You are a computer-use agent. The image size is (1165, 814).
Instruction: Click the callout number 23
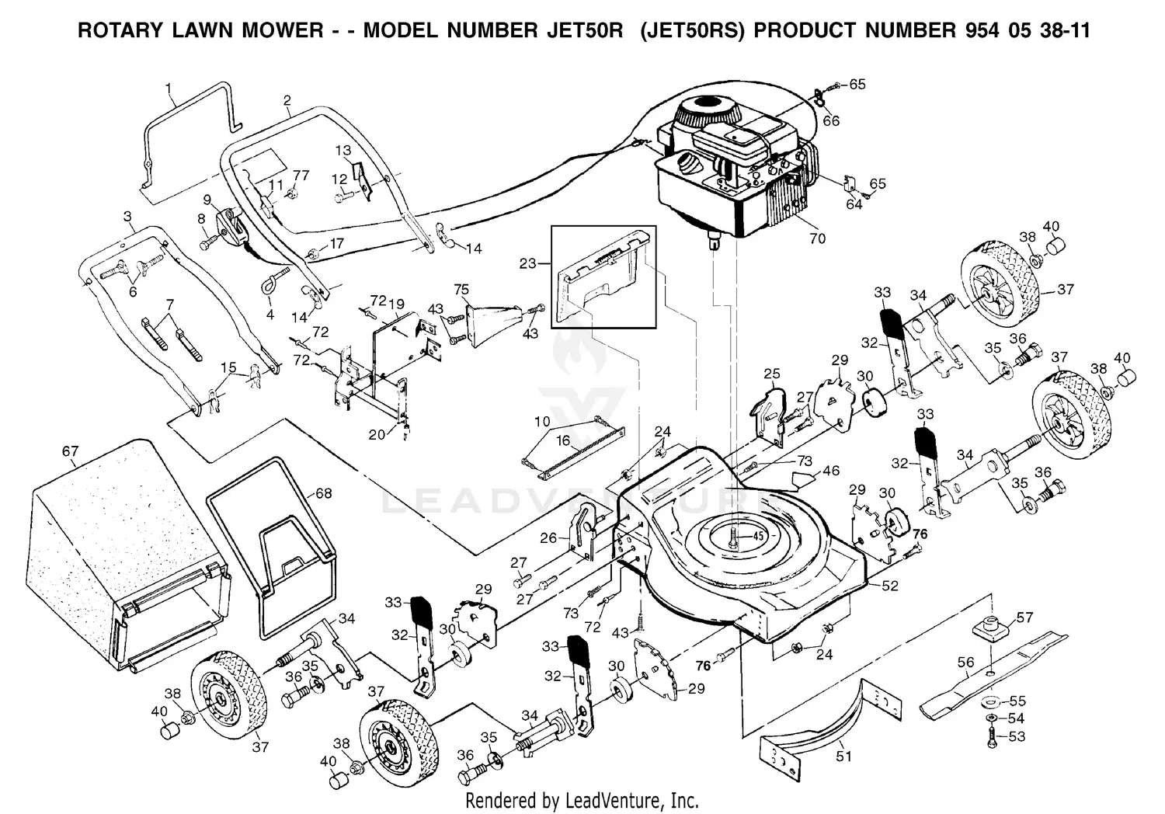(x=529, y=263)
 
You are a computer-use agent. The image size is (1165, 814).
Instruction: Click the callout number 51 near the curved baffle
(x=843, y=756)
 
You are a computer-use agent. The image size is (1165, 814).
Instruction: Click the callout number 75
(x=461, y=290)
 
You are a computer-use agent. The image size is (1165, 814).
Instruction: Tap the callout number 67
(x=71, y=451)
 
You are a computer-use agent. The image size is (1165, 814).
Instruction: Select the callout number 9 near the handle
(x=207, y=199)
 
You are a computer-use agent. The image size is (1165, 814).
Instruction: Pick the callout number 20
(x=377, y=435)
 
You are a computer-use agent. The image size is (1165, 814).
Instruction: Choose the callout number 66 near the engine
(x=831, y=120)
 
